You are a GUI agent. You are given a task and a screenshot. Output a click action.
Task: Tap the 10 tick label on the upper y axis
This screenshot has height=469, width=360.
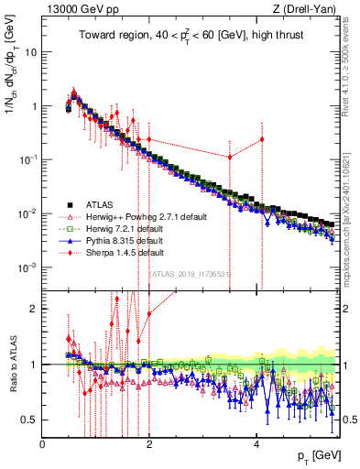tap(30, 52)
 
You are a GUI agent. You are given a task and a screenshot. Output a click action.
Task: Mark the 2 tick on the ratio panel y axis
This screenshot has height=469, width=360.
tap(35, 309)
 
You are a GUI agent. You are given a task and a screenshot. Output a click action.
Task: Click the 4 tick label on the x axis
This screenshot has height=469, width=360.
tap(256, 443)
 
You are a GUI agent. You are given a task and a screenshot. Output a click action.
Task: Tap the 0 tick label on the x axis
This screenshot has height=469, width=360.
tap(43, 443)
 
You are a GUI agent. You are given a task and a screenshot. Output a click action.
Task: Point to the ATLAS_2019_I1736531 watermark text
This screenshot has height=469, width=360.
tap(191, 273)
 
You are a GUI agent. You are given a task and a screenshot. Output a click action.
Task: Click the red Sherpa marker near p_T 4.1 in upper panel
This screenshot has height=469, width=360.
tap(262, 139)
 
